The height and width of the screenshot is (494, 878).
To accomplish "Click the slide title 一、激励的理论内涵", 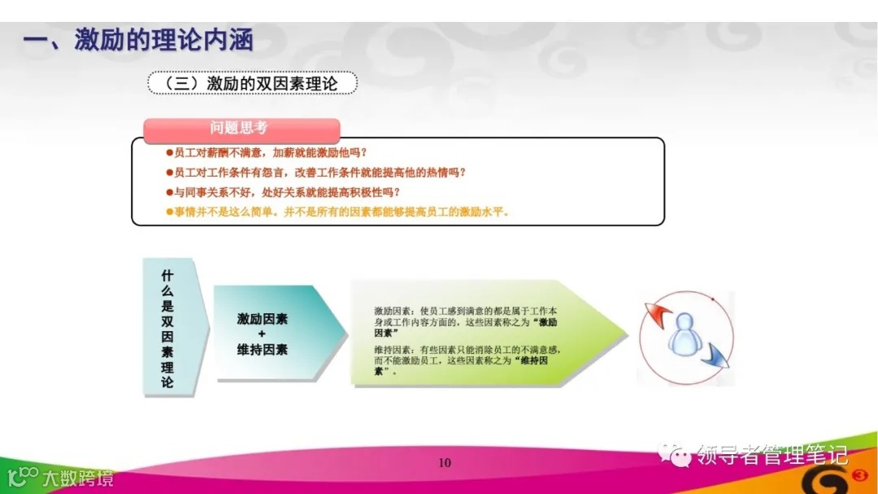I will click(138, 41).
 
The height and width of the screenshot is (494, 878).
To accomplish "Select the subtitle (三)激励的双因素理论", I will click(252, 83).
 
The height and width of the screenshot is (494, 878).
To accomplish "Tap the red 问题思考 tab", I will click(241, 129).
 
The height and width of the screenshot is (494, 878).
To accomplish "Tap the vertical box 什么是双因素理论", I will click(167, 327).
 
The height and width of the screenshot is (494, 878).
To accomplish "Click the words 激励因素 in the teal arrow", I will click(263, 319).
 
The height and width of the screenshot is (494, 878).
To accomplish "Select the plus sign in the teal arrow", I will click(262, 334).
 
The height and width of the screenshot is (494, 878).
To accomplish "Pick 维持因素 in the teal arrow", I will click(263, 349).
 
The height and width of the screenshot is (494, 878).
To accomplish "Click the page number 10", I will click(444, 463).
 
